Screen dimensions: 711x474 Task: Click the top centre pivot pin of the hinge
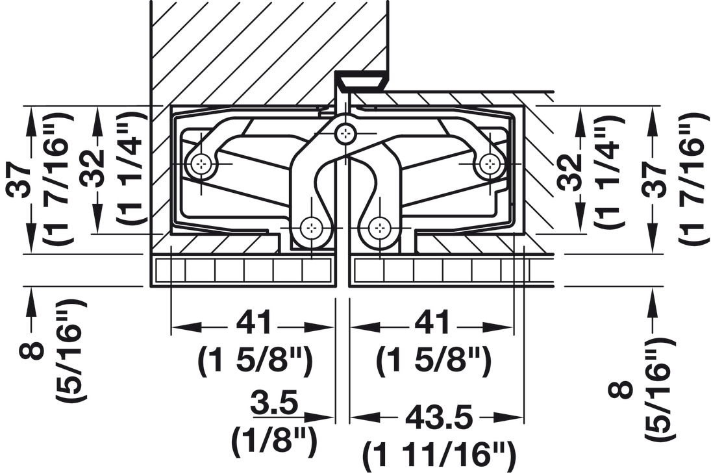[345, 132]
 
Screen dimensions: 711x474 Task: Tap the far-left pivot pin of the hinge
[201, 163]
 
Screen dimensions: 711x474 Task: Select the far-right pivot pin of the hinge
[489, 162]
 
